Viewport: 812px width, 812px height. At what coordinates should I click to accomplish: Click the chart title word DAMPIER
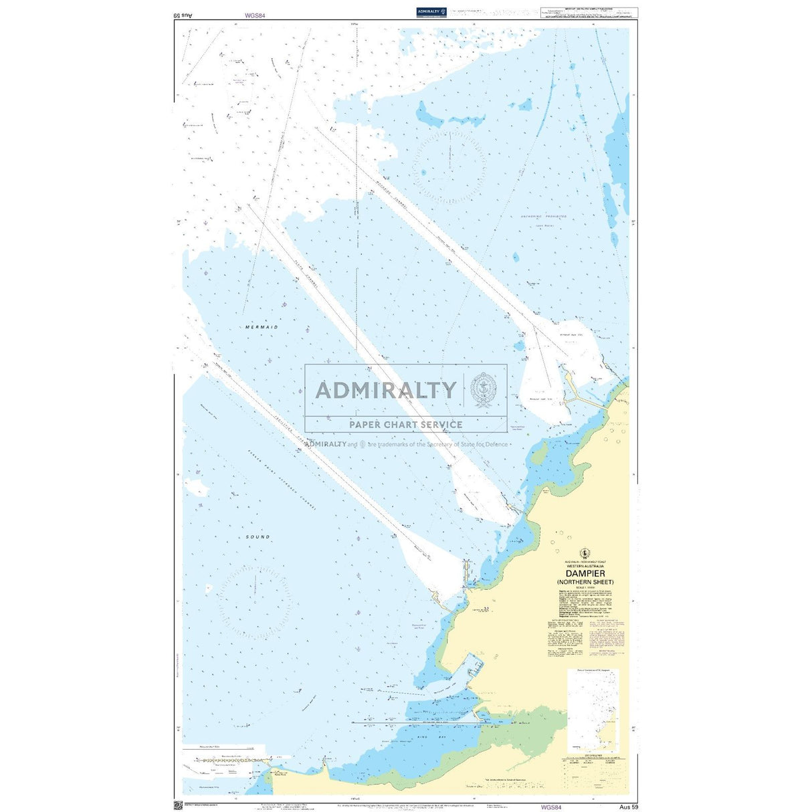tap(585, 573)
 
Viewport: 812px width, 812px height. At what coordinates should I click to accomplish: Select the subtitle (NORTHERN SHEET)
tap(585, 582)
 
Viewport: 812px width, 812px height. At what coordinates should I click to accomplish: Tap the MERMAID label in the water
tap(262, 327)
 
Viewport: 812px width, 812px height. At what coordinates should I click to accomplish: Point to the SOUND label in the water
tap(258, 536)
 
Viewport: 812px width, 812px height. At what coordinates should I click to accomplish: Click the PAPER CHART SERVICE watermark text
tap(405, 424)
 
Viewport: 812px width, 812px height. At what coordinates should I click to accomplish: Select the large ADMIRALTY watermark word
tap(386, 390)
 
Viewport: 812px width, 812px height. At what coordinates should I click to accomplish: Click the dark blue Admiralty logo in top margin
tap(431, 11)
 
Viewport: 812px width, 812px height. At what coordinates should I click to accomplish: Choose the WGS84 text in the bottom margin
tap(551, 807)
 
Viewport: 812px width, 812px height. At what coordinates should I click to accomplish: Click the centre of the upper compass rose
tap(449, 167)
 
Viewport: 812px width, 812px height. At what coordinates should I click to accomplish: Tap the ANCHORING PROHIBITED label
tap(544, 217)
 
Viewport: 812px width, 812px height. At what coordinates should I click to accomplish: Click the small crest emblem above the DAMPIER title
tap(585, 552)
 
